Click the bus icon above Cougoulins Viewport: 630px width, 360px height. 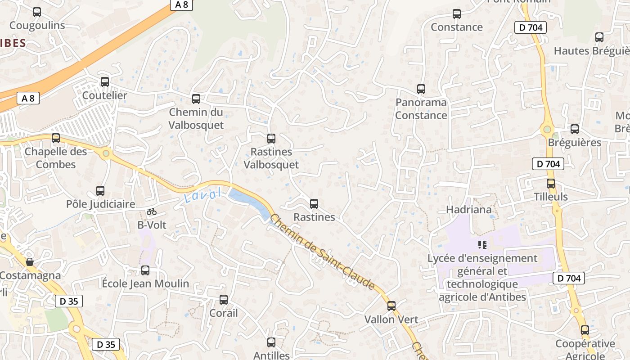37,12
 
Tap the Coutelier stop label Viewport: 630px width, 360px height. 104,95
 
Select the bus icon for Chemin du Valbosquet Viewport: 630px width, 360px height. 196,99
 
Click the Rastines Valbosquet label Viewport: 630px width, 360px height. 271,158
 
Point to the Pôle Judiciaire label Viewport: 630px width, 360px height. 100,204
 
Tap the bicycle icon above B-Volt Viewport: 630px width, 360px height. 152,211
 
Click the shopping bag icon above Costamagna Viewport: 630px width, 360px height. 30,261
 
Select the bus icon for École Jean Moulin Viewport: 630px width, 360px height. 145,270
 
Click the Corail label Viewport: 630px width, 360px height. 224,313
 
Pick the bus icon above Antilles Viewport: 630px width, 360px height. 271,342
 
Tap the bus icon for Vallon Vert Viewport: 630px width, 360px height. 391,306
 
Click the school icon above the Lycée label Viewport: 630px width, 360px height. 482,245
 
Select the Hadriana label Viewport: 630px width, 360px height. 469,210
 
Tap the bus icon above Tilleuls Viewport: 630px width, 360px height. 551,184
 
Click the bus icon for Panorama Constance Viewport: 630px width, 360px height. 421,89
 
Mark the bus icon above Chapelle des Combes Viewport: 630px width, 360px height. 56,138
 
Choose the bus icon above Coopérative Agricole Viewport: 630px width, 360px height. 585,330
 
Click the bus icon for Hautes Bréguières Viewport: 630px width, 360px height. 599,37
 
